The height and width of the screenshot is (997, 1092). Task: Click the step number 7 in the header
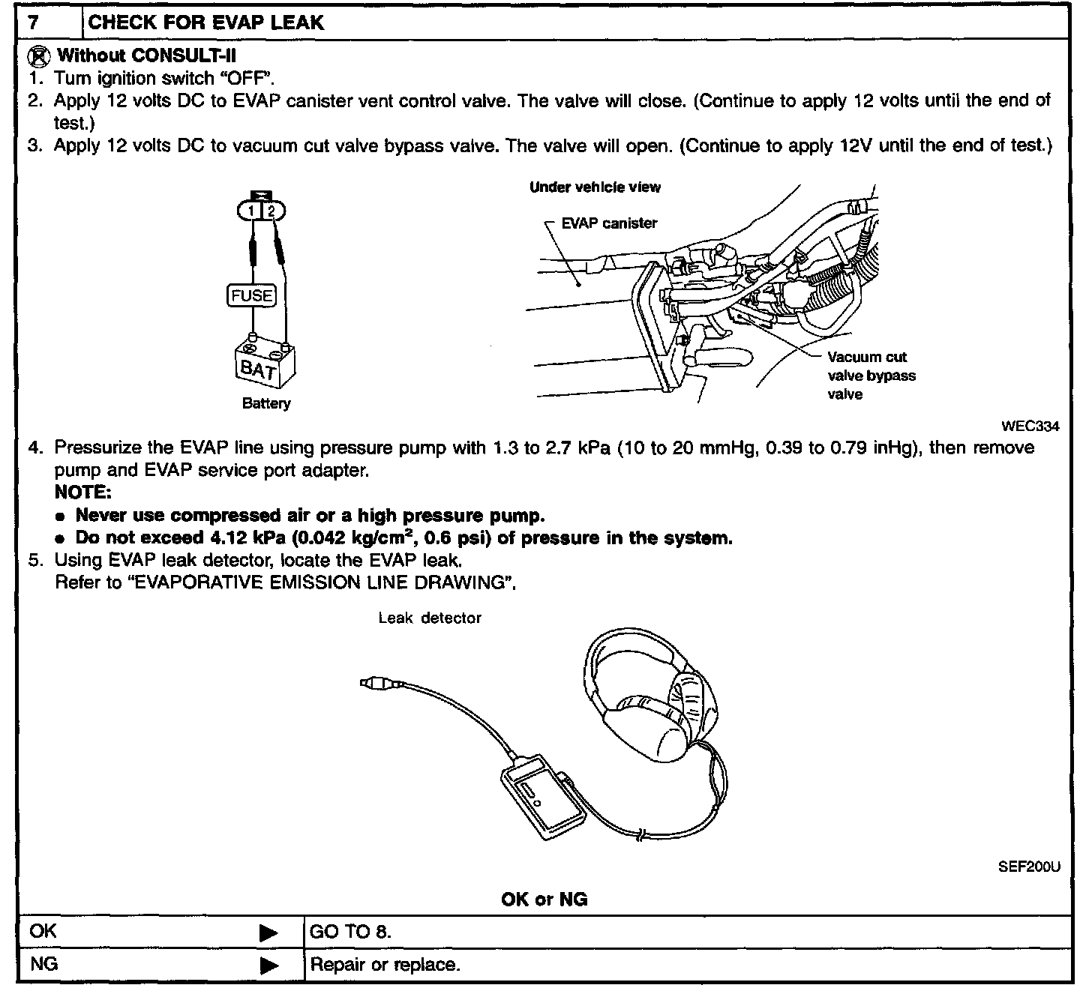point(33,22)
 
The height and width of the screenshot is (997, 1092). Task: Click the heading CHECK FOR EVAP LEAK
point(206,22)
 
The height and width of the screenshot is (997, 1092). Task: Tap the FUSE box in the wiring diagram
point(251,295)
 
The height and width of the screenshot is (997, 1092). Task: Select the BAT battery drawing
point(264,364)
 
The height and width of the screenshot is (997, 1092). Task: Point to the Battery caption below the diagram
point(266,403)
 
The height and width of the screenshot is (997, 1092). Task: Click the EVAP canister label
point(609,223)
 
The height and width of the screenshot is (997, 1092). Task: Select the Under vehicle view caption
point(595,187)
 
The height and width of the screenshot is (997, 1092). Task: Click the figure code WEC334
point(1030,427)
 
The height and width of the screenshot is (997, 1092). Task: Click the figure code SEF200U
point(1029,867)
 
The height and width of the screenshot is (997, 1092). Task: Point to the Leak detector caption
point(430,618)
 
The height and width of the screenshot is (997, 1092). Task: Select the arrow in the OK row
point(268,933)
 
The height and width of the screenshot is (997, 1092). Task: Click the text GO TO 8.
point(350,933)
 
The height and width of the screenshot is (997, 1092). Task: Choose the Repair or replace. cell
point(385,965)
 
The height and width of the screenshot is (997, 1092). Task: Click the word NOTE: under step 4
point(82,493)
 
